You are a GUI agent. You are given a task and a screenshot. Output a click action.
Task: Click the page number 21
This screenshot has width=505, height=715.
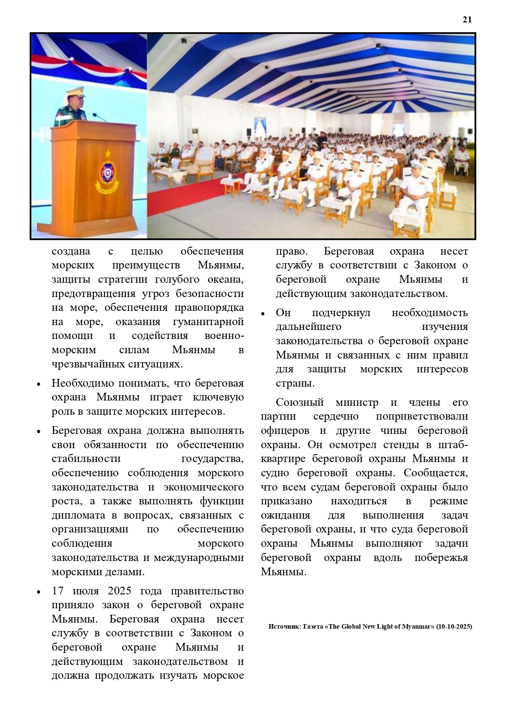click(467, 19)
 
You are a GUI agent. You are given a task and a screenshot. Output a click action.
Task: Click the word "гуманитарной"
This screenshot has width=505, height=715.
click(208, 322)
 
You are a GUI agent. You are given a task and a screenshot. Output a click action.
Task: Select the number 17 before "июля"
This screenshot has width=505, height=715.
click(57, 591)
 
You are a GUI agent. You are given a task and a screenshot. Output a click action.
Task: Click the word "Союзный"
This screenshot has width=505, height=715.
click(300, 403)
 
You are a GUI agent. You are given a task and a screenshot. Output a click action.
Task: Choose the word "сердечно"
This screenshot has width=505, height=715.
click(336, 416)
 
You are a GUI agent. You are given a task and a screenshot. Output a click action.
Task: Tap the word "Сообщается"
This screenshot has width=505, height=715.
click(435, 473)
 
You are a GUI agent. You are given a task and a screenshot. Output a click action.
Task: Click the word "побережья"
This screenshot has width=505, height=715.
click(441, 558)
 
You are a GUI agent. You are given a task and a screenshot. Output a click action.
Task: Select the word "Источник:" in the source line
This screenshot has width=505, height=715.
click(284, 627)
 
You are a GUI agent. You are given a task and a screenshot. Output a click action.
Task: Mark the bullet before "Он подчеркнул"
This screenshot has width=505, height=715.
click(263, 313)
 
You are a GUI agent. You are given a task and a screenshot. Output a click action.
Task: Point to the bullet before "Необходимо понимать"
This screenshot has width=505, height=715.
click(39, 384)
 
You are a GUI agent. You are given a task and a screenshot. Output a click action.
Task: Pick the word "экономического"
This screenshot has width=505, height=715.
click(203, 487)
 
